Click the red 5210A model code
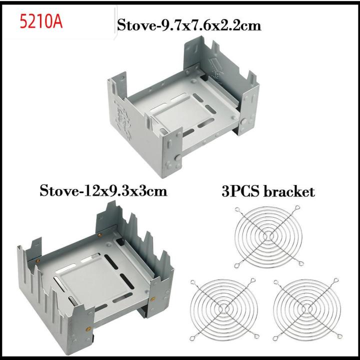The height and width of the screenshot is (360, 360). pos(41,21)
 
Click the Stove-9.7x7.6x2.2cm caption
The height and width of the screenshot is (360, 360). pos(189,25)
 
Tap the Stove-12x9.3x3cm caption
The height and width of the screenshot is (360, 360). pos(103,191)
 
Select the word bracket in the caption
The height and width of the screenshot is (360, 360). pos(288,191)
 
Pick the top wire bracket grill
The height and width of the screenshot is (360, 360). pos(268,236)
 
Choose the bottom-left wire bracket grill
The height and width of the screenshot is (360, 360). pos(224,309)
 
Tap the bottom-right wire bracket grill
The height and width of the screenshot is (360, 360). pos(307,309)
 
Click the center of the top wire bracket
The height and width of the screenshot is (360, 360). pos(267,236)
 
